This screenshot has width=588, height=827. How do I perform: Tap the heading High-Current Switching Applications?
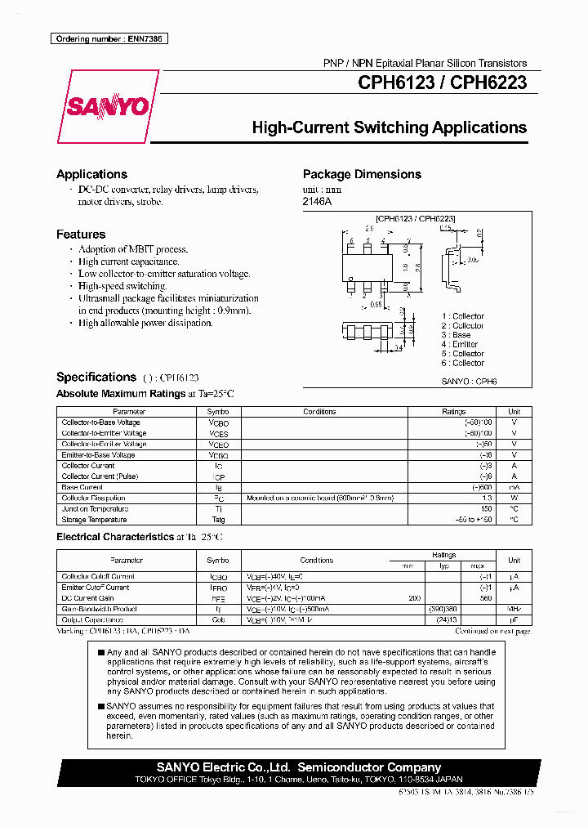point(389,127)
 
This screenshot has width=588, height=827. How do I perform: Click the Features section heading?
point(80,234)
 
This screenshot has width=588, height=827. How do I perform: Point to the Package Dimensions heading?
point(362,174)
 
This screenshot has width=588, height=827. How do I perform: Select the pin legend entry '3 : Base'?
point(456,335)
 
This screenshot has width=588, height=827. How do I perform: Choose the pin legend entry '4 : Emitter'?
point(459,344)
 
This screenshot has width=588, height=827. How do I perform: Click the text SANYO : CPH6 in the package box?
point(469,381)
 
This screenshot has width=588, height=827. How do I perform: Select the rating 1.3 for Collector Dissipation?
point(488,498)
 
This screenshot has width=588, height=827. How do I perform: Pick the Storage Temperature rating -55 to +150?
point(474,519)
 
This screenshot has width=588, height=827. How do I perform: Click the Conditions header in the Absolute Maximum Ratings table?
point(319,412)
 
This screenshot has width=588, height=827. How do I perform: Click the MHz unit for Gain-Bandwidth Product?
point(514,609)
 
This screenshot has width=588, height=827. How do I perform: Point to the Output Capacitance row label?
point(93,619)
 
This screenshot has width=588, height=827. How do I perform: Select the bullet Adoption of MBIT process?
point(133,249)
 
